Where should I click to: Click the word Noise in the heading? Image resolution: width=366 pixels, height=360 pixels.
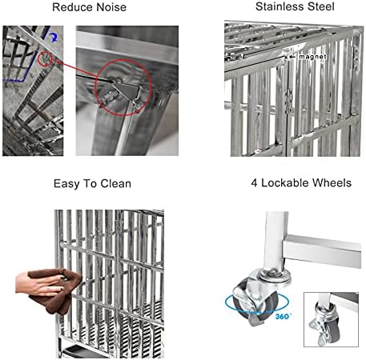[x=111, y=7]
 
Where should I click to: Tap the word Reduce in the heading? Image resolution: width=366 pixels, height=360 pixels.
[x=73, y=7]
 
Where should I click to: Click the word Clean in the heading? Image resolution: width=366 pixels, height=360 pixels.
[x=116, y=184]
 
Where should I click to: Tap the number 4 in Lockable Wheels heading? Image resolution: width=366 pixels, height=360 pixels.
[x=254, y=183]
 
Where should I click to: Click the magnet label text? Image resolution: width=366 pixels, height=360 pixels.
[x=312, y=57]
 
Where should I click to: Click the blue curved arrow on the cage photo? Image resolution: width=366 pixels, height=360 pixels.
[x=54, y=38]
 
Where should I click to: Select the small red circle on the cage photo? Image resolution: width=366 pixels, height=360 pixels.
[x=45, y=58]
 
